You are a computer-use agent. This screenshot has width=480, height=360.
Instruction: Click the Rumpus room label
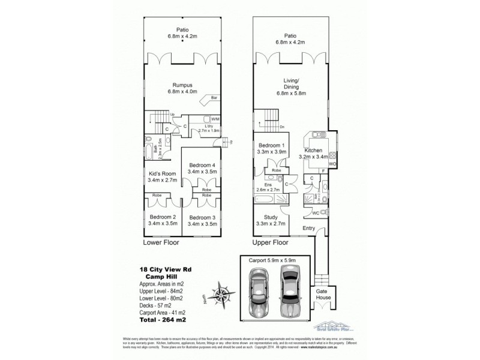(x=182, y=85)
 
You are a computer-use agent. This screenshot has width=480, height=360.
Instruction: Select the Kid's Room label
(x=161, y=174)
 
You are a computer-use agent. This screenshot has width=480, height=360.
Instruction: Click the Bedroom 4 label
(x=202, y=165)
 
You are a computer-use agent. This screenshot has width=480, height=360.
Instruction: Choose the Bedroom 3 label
(x=202, y=217)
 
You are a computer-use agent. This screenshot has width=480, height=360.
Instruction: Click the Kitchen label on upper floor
(x=313, y=151)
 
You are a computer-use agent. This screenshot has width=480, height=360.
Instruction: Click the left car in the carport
(x=262, y=292)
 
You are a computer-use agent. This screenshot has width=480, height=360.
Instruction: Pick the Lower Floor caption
(x=161, y=245)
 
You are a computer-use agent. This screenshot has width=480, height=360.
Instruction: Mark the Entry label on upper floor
(x=308, y=227)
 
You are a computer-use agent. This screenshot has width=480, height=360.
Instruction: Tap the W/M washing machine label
(x=214, y=119)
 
